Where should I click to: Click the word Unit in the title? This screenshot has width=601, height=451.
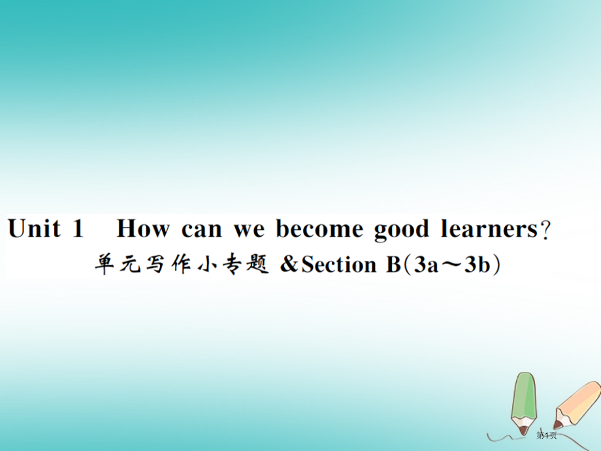(x=35, y=229)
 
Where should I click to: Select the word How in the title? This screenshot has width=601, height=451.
(x=143, y=229)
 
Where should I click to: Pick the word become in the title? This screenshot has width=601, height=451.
(x=319, y=229)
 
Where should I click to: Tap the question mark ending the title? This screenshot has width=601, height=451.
(x=546, y=231)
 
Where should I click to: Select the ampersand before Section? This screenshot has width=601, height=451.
(x=288, y=265)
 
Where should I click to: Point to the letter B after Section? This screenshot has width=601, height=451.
(x=386, y=265)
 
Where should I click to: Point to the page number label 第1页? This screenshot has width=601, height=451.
(x=546, y=435)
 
